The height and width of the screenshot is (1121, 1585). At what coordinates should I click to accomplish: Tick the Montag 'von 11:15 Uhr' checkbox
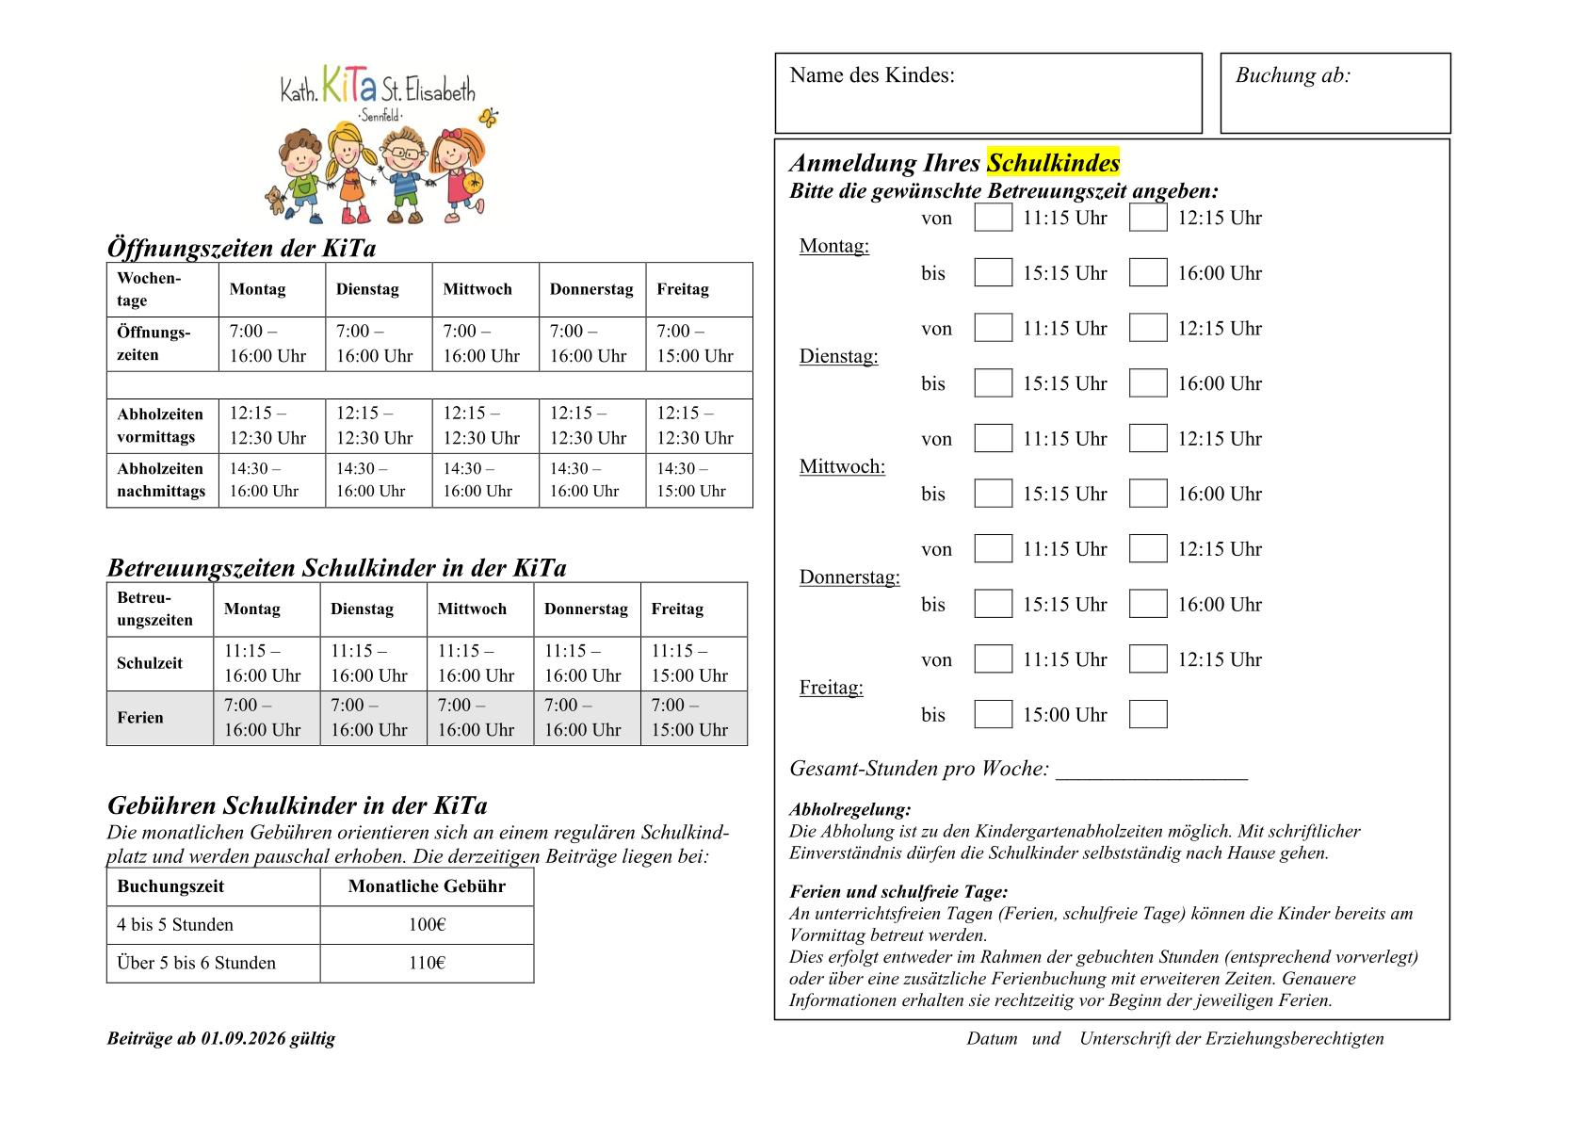pyautogui.click(x=993, y=218)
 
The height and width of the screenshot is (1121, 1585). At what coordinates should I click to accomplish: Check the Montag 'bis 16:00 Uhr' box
pyautogui.click(x=1147, y=273)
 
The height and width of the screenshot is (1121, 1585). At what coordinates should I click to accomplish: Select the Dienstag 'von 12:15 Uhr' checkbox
pyautogui.click(x=1147, y=328)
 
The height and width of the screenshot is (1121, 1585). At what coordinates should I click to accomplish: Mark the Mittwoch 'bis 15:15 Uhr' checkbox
pyautogui.click(x=993, y=494)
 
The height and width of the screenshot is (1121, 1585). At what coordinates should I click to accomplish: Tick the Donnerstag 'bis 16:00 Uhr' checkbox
pyautogui.click(x=1147, y=604)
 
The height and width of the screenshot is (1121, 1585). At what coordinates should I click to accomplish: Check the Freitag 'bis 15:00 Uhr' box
pyautogui.click(x=993, y=714)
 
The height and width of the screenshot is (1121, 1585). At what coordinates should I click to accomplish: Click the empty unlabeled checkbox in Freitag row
pyautogui.click(x=1147, y=714)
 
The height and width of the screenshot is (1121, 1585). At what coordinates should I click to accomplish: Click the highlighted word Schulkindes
pyautogui.click(x=1053, y=163)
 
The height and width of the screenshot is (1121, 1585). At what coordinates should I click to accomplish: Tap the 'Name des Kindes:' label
pyautogui.click(x=872, y=75)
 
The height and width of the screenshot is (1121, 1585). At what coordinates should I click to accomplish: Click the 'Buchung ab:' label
pyautogui.click(x=1292, y=75)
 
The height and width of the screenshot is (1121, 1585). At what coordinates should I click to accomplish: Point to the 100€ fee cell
pyautogui.click(x=427, y=925)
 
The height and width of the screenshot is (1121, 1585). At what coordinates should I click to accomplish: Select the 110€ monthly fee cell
pyautogui.click(x=427, y=963)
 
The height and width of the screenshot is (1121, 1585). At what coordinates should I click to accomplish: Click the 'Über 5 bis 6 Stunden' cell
pyautogui.click(x=197, y=963)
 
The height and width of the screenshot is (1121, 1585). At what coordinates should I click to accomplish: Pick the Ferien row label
pyautogui.click(x=140, y=718)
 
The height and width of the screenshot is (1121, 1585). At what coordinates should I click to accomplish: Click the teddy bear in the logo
pyautogui.click(x=274, y=201)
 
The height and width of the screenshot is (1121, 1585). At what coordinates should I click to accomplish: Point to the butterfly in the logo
pyautogui.click(x=488, y=119)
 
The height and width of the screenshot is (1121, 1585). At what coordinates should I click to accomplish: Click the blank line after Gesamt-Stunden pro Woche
pyautogui.click(x=1152, y=771)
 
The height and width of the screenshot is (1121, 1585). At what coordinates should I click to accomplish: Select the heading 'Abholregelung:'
pyautogui.click(x=849, y=809)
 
